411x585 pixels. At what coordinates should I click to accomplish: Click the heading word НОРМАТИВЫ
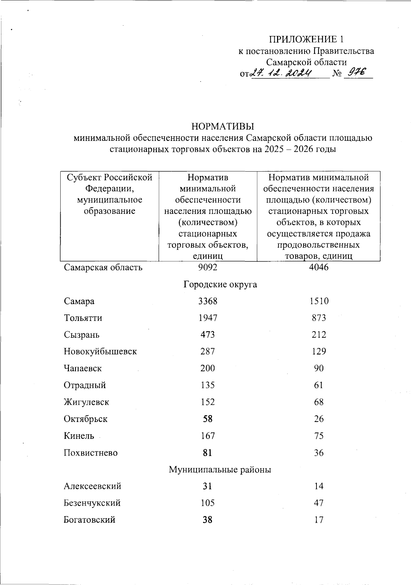point(223,126)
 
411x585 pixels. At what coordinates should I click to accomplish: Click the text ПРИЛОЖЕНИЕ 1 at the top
point(306,39)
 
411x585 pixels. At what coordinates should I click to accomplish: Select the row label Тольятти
point(83,318)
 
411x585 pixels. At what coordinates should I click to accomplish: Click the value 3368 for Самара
point(208,301)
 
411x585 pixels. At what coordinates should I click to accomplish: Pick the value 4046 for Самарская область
point(319,267)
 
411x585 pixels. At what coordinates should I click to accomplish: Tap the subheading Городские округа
point(220,284)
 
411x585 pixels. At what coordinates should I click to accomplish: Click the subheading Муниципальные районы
point(220,469)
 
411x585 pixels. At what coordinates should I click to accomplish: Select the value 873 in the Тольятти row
point(319,318)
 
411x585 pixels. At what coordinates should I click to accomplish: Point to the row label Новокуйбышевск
point(100,351)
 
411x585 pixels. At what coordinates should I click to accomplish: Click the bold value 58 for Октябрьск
point(208,419)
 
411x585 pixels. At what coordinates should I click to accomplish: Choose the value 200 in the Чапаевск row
point(208,368)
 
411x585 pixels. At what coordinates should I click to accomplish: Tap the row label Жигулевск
point(86,402)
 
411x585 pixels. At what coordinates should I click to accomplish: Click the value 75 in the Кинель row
point(319,436)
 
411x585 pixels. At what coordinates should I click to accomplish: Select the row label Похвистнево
point(90,453)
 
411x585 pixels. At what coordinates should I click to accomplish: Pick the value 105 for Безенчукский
point(208,503)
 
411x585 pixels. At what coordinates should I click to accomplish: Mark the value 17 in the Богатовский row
point(319,520)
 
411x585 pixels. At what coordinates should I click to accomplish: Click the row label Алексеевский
point(92,486)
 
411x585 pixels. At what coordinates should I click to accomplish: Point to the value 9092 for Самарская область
point(208,267)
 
